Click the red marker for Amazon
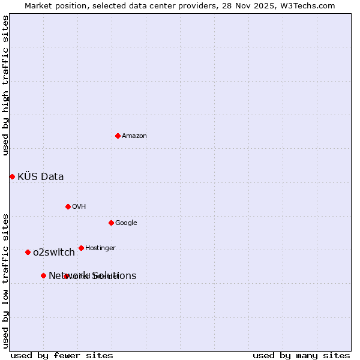pos(118,136)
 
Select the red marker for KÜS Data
pos(12,176)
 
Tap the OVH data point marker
pos(68,206)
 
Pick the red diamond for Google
pos(111,223)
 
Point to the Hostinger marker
pos(81,248)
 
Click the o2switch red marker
pos(28,252)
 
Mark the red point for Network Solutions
pos(43,275)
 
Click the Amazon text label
pos(134,136)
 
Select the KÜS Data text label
pos(41,176)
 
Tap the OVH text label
pos(79,207)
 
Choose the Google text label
pos(126,223)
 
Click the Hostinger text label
pos(100,248)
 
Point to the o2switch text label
pos(54,253)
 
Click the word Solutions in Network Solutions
pos(113,276)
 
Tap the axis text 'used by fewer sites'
pos(62,355)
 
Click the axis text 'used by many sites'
pos(301,355)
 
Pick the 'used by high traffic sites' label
pos(5,85)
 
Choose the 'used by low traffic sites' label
pos(5,280)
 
